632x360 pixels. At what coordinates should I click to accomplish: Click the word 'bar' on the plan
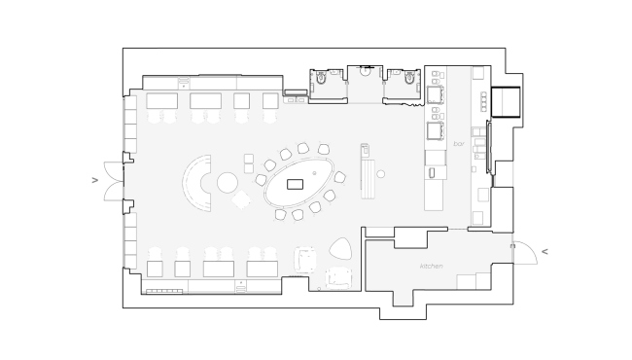point(459,144)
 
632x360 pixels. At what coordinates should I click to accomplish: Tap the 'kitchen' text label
point(432,266)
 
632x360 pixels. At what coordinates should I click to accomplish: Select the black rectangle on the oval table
point(295,185)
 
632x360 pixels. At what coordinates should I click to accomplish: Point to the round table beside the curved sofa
point(228,182)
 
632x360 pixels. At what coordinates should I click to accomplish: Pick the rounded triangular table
point(340,248)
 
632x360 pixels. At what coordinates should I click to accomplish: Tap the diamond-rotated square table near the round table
point(241,199)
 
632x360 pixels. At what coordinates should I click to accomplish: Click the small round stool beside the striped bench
point(380,174)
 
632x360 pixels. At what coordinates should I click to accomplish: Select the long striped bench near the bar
point(368,179)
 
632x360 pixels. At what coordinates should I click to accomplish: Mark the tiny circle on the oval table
point(315,173)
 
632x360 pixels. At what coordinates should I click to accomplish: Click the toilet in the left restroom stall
point(321,77)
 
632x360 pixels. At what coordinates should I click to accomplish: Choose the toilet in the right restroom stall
point(409,77)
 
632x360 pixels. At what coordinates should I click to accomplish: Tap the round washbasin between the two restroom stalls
point(365,71)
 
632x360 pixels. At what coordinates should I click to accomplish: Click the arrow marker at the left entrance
point(95,180)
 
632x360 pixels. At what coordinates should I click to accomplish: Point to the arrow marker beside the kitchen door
point(544,252)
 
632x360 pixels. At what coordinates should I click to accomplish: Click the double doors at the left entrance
point(114,181)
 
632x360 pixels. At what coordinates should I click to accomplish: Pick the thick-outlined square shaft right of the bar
point(506,101)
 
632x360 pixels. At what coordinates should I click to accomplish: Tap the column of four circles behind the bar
point(483,101)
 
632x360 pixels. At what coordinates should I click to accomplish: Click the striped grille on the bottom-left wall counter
point(164,291)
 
